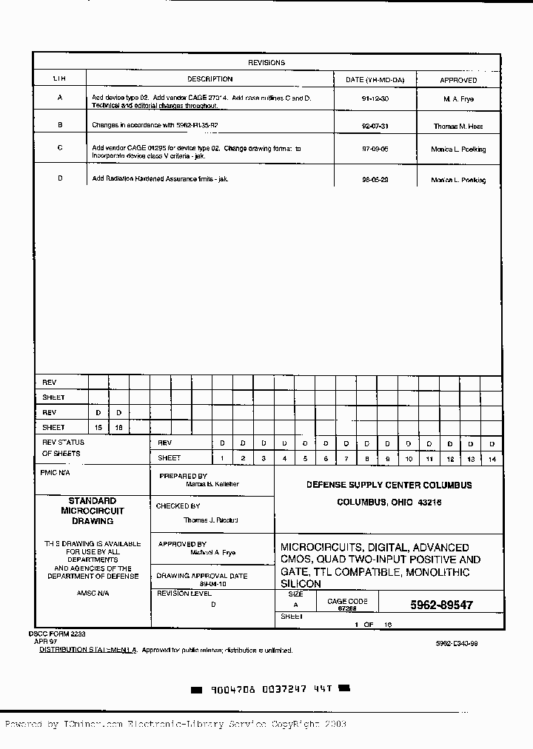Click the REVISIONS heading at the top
(x=266, y=63)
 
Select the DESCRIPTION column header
(x=209, y=79)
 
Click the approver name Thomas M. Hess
(x=458, y=127)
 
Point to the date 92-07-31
(x=375, y=126)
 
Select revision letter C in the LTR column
(x=60, y=148)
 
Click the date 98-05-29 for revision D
(x=375, y=179)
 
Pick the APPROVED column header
(x=458, y=80)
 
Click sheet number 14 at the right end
(x=492, y=459)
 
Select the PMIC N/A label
(x=55, y=472)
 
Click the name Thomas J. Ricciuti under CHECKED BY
(x=210, y=520)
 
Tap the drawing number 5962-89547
(x=441, y=605)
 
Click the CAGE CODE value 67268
(x=347, y=608)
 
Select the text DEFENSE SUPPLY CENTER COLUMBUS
(x=389, y=486)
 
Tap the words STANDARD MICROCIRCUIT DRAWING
(x=93, y=511)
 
